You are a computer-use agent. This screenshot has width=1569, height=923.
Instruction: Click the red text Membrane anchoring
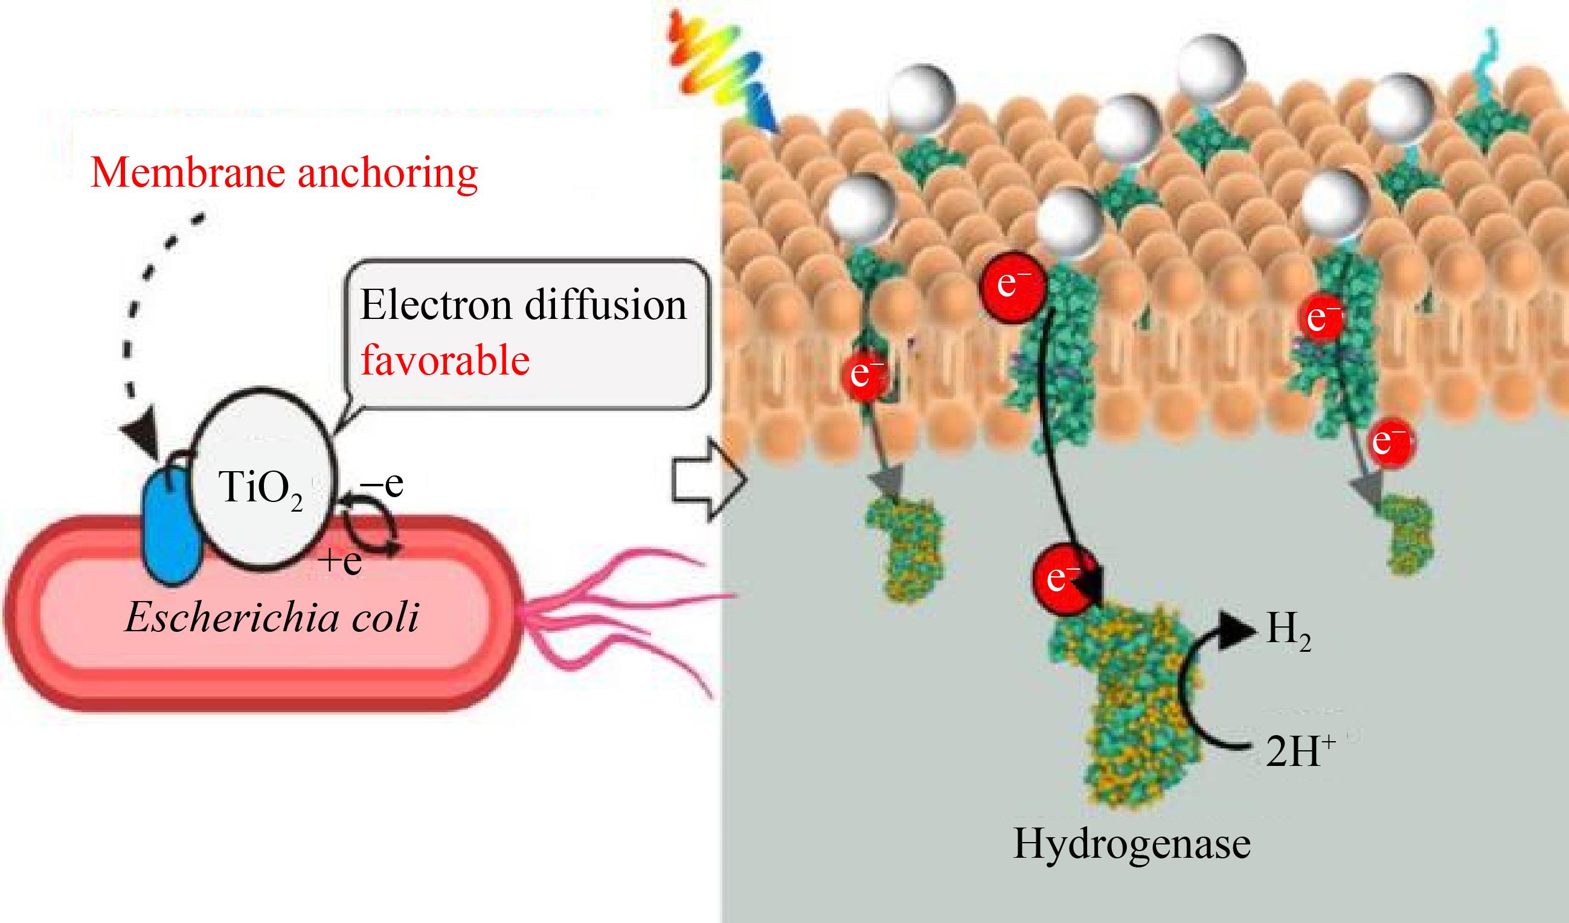284,174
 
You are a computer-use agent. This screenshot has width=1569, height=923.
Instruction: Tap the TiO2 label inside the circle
261,488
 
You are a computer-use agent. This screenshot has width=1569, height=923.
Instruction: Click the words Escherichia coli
272,618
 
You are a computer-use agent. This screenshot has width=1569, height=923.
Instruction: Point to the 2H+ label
1300,751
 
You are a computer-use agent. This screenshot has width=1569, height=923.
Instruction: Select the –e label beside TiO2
382,484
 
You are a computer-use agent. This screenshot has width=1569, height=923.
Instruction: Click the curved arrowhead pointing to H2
1236,630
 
